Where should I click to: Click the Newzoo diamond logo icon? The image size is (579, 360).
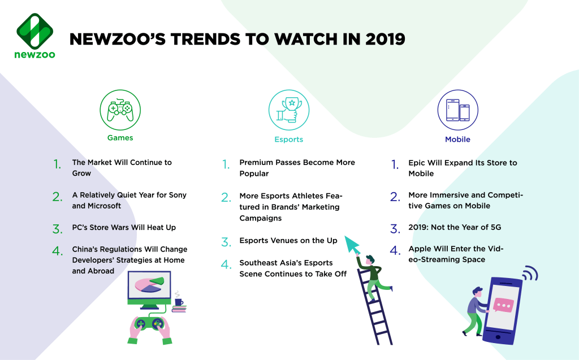tap(34, 31)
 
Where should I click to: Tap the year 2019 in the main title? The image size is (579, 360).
tap(385, 39)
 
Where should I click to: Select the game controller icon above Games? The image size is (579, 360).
tap(120, 110)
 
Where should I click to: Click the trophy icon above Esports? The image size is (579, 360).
tap(289, 110)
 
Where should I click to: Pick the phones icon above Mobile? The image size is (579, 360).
tap(458, 110)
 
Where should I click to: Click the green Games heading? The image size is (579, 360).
tap(120, 138)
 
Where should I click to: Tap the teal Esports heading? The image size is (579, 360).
tap(289, 139)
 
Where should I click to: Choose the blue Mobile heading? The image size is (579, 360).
tap(457, 139)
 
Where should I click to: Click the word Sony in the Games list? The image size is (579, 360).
tap(178, 195)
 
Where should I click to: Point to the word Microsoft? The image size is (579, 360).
tap(104, 206)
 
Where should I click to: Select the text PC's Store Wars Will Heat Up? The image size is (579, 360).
tap(124, 227)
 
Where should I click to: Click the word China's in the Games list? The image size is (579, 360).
tap(85, 249)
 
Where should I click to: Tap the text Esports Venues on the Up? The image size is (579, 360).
tap(288, 240)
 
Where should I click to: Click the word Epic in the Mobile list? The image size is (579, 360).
tap(417, 163)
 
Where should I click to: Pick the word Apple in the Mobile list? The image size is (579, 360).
tap(420, 249)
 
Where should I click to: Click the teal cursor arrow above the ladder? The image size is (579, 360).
tap(352, 244)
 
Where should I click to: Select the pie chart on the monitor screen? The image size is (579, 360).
tap(149, 285)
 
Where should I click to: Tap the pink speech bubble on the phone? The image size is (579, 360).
tap(503, 305)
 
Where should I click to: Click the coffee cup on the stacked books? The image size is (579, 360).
tap(179, 302)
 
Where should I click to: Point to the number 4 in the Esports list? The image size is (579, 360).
tap(225, 264)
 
